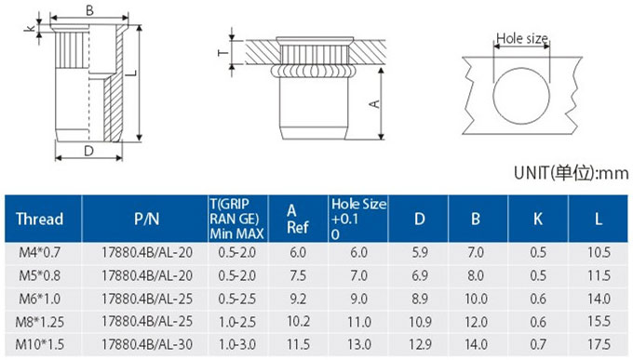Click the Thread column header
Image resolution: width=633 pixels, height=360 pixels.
(x=39, y=219)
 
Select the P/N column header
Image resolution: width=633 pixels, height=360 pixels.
(x=146, y=219)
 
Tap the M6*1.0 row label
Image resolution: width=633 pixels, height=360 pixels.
(x=39, y=299)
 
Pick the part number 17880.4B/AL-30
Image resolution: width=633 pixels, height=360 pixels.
(x=146, y=344)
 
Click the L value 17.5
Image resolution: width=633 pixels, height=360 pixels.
(x=599, y=344)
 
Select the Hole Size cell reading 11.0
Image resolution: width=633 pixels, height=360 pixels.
(x=359, y=322)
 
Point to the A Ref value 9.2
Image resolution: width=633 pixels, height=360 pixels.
(x=298, y=299)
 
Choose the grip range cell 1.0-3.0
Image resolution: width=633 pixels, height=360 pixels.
(x=237, y=344)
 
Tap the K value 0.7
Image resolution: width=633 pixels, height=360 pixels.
(x=538, y=344)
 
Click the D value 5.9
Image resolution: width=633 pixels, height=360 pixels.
(x=420, y=252)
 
